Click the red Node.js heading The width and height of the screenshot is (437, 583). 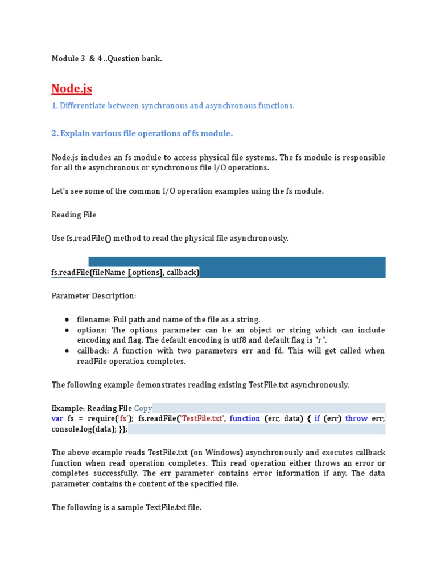point(72,88)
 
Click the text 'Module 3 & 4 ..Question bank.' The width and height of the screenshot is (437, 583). point(106,59)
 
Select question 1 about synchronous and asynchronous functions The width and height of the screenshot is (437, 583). point(173,106)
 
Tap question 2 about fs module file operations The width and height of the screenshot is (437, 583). point(142,133)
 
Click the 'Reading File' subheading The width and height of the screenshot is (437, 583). point(74,215)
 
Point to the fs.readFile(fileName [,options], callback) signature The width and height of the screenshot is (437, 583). point(125,273)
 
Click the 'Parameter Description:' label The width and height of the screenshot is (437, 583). point(94,296)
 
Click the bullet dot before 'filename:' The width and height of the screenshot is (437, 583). point(67,320)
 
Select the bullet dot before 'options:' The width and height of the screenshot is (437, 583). point(67,330)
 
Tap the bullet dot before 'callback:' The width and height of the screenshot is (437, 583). point(67,351)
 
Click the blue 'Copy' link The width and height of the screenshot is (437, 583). point(143,408)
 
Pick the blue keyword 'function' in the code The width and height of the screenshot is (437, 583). point(245,418)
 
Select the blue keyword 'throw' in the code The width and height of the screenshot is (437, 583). point(356,418)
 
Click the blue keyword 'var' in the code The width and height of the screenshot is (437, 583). point(58,418)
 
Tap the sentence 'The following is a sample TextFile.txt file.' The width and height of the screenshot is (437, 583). point(126,507)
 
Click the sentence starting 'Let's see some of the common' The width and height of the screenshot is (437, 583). point(187,191)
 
